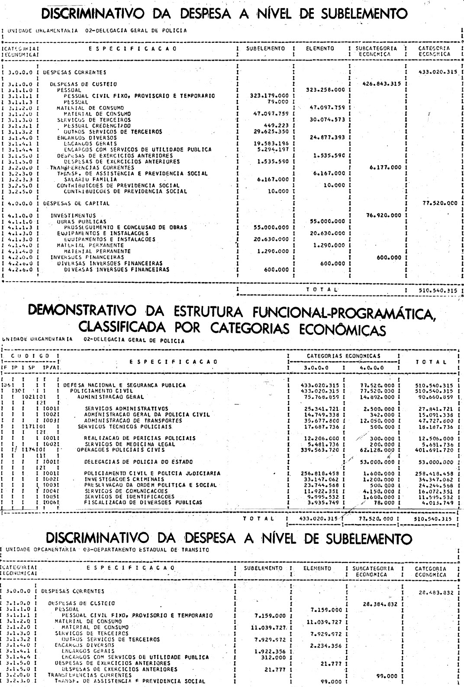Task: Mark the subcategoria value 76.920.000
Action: [380, 215]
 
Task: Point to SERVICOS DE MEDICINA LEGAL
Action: [129, 444]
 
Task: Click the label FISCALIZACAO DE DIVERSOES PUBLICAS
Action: [143, 503]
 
